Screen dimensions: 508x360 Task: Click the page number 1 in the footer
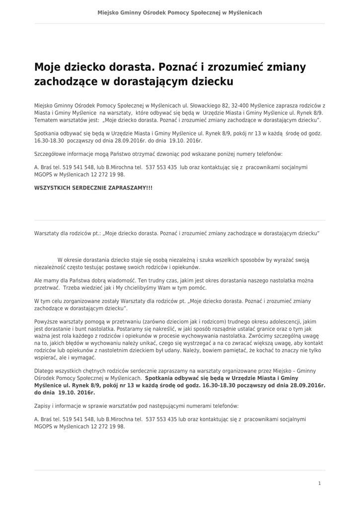(x=320, y=483)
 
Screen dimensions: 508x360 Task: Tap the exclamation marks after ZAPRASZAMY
(x=149, y=188)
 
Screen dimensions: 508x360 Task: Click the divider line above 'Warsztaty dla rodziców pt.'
(x=180, y=220)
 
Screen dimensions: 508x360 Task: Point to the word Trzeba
(x=72, y=288)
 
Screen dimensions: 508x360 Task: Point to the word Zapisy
(x=44, y=405)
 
